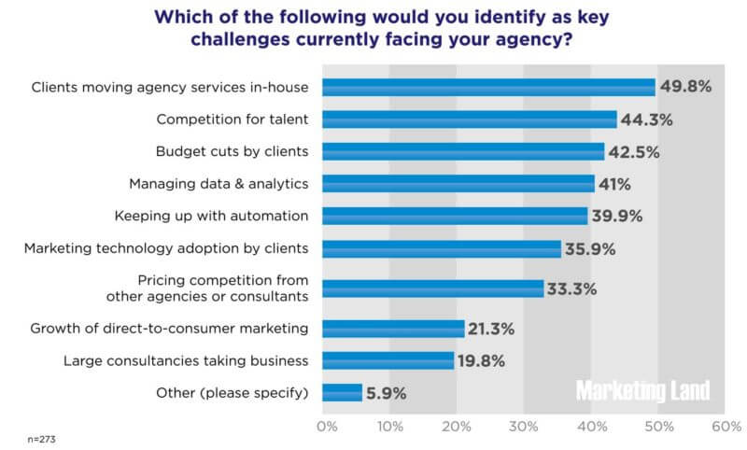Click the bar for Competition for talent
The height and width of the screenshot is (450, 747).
(x=470, y=120)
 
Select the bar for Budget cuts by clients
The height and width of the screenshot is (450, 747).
(x=463, y=151)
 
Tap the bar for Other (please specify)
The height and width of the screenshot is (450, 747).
(x=342, y=392)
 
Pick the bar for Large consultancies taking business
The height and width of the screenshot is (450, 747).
(x=388, y=360)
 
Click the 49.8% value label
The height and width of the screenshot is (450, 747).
(x=686, y=87)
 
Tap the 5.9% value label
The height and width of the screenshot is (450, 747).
(x=387, y=393)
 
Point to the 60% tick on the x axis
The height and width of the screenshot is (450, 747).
(x=725, y=428)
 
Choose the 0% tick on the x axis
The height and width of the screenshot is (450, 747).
(x=326, y=428)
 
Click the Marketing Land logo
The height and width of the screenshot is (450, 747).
(x=642, y=389)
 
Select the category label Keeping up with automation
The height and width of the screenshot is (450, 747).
(x=211, y=216)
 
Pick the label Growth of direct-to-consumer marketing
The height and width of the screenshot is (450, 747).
(x=169, y=329)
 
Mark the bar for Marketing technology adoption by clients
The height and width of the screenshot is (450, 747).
(x=442, y=248)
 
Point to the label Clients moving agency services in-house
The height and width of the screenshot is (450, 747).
(x=170, y=88)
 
